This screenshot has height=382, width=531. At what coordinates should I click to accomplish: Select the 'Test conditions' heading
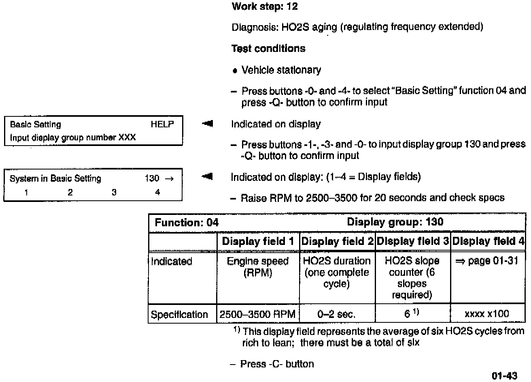[x=268, y=49]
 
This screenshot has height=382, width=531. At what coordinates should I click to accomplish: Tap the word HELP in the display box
[x=162, y=124]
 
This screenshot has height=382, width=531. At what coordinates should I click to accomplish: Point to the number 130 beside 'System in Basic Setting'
[x=152, y=178]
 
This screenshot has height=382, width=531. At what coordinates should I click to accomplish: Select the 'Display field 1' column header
[x=258, y=242]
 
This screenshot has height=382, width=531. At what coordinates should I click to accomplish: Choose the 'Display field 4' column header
[x=488, y=242]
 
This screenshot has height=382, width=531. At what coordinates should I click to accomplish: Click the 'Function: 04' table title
[x=187, y=223]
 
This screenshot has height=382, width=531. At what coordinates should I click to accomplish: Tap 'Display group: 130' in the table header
[x=395, y=222]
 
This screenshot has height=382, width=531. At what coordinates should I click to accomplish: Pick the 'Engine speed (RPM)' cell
[x=258, y=267]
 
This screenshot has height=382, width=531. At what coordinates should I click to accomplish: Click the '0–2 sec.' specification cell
[x=336, y=314]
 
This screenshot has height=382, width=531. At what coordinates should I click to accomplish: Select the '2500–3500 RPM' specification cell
[x=258, y=314]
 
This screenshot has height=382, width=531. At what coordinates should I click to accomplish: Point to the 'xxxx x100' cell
[x=487, y=314]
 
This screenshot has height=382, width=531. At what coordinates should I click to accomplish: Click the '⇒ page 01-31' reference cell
[x=487, y=261]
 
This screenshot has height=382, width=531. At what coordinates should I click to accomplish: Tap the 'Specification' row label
[x=179, y=315]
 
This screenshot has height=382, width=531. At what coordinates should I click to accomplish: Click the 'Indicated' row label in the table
[x=172, y=262]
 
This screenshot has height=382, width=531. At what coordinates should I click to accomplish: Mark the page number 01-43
[x=505, y=376]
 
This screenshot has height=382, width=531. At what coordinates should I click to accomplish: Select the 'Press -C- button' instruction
[x=277, y=364]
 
